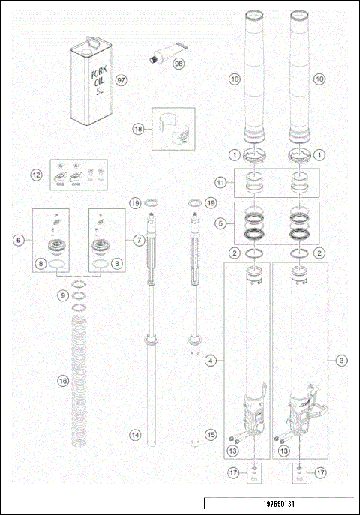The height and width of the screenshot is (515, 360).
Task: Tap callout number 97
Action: tap(121, 79)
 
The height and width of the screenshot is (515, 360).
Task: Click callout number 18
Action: tap(138, 129)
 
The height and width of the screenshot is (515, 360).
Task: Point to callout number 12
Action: tap(36, 175)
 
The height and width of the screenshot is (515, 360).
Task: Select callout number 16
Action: tap(63, 381)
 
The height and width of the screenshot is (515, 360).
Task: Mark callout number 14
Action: tap(135, 434)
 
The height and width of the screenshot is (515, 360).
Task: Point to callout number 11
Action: tap(220, 182)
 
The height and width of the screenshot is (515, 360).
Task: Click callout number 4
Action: tap(212, 361)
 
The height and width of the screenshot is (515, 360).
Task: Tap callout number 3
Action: tap(341, 361)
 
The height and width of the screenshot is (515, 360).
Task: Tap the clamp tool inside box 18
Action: tap(174, 129)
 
